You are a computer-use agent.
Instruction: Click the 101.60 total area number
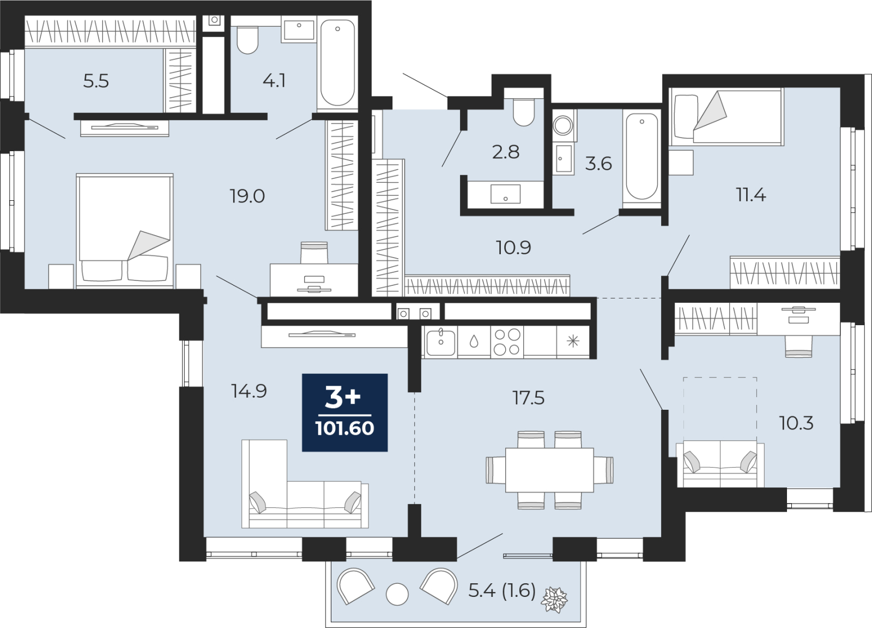(x=345, y=428)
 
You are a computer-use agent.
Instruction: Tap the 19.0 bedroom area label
(x=247, y=196)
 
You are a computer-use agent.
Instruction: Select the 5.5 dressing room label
(x=96, y=81)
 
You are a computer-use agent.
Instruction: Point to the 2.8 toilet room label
(x=506, y=152)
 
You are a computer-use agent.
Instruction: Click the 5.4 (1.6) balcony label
(x=502, y=591)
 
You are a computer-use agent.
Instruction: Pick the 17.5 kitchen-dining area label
(x=528, y=398)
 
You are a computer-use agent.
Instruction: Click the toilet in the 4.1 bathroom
(x=247, y=40)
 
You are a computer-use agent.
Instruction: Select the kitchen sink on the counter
(x=441, y=342)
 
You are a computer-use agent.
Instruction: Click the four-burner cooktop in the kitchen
(x=507, y=342)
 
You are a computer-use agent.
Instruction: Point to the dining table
(x=549, y=470)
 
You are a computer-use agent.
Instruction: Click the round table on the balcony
(x=397, y=595)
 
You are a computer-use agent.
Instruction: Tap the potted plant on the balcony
(x=554, y=599)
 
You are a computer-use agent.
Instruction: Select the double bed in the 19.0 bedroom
(x=125, y=231)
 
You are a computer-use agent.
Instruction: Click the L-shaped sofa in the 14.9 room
(x=305, y=484)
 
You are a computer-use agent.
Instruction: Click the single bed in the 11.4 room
(x=726, y=117)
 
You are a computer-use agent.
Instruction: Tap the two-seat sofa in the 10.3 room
(x=720, y=464)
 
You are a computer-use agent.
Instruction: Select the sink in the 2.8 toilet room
(x=505, y=194)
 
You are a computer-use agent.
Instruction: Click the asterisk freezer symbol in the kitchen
(x=573, y=342)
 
